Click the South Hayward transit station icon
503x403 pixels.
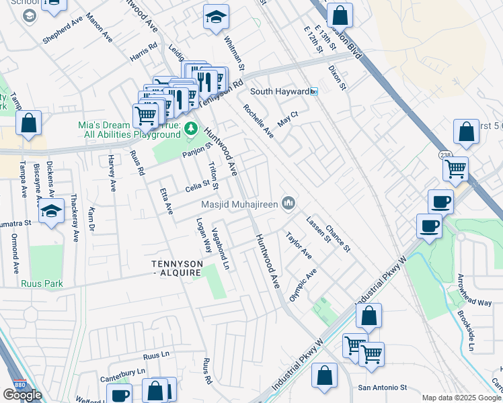pos(313,91)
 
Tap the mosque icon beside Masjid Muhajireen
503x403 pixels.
pos(289,202)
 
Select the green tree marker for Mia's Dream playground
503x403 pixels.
pos(191,128)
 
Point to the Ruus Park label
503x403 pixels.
pos(41,284)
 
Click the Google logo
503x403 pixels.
pos(22,395)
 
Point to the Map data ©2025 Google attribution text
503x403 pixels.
pos(461,398)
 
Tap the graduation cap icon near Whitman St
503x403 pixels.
pos(216,18)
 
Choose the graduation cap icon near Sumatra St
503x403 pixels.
pos(51,212)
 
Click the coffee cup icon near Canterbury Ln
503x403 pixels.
pos(120,396)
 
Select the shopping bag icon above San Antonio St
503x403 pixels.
pos(324,377)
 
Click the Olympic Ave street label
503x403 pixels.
pos(302,285)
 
